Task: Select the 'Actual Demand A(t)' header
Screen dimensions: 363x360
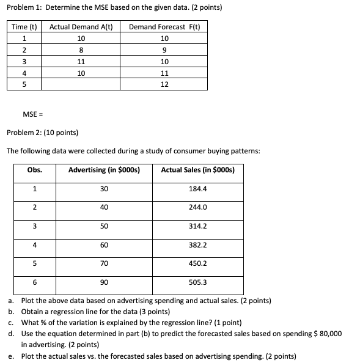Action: [81, 27]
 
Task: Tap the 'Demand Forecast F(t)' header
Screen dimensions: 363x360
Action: [164, 27]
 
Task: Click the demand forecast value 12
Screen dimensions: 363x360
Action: [164, 84]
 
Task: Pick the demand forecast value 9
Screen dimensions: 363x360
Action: [164, 50]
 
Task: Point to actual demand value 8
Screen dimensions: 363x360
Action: [81, 50]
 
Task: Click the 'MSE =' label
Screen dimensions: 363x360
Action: [32, 114]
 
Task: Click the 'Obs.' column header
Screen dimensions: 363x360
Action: [35, 170]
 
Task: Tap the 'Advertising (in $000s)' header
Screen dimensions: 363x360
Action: [105, 170]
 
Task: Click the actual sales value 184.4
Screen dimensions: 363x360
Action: [199, 189]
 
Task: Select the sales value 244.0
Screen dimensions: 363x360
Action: [199, 207]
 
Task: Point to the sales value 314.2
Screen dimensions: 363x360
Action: [199, 226]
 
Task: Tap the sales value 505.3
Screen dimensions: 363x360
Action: [199, 282]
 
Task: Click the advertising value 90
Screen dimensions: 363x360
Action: [104, 282]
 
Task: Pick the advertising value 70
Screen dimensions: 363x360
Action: [104, 263]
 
